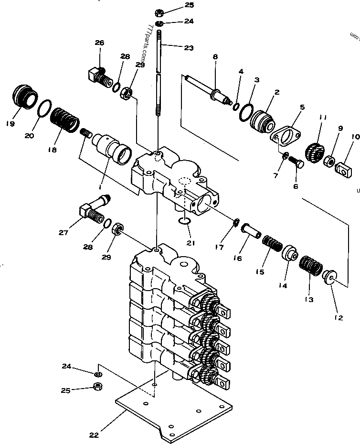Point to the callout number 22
tap(94, 435)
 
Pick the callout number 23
tap(189, 47)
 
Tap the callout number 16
tap(237, 259)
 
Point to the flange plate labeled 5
tap(286, 138)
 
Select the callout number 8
tap(215, 57)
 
